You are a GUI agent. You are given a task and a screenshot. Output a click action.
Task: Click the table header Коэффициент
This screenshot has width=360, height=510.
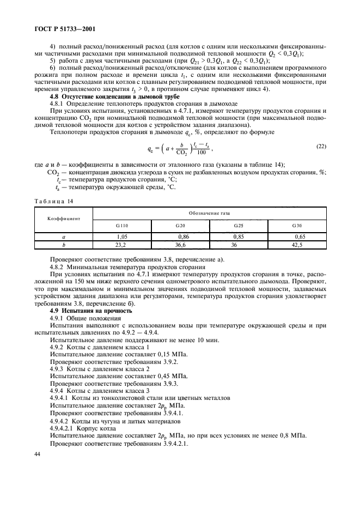63,217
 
